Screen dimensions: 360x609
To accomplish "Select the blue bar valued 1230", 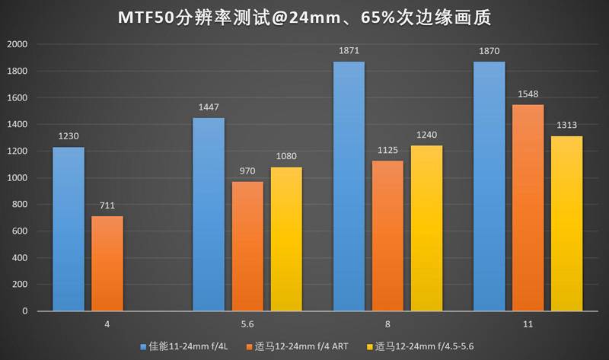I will pyautogui.click(x=68, y=228).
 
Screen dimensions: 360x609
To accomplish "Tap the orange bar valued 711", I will pyautogui.click(x=107, y=263).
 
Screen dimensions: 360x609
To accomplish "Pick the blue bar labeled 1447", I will pyautogui.click(x=208, y=214).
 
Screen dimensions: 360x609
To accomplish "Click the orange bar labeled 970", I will pyautogui.click(x=247, y=246).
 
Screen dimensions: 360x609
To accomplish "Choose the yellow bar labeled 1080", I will pyautogui.click(x=286, y=238).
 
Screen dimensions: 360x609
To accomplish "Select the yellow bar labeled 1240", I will pyautogui.click(x=427, y=228).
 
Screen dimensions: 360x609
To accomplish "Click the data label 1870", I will pyautogui.click(x=489, y=52).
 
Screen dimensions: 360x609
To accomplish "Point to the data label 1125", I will pyautogui.click(x=387, y=151).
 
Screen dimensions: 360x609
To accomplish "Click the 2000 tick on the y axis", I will pyautogui.click(x=17, y=44).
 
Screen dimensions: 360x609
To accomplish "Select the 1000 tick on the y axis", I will pyautogui.click(x=17, y=178).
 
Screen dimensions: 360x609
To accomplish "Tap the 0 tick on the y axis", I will pyautogui.click(x=24, y=311).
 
